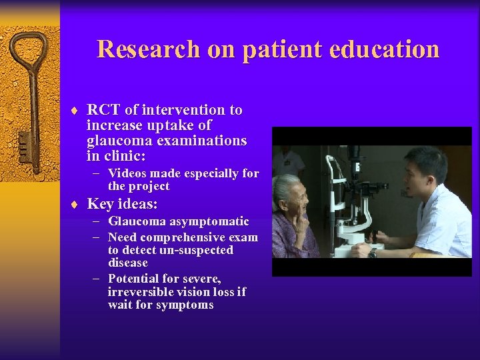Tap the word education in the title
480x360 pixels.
pyautogui.click(x=386, y=50)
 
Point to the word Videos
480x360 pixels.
pyautogui.click(x=129, y=173)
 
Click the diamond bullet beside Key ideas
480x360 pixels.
pyautogui.click(x=77, y=205)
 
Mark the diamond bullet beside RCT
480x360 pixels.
pyautogui.click(x=77, y=111)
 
